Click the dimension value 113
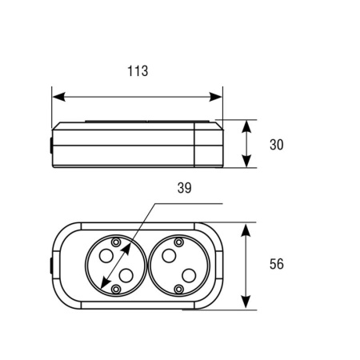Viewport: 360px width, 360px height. click(x=138, y=71)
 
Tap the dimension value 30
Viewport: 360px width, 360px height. click(x=277, y=145)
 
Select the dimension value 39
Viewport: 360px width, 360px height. click(x=185, y=188)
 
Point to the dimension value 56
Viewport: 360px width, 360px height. click(x=277, y=264)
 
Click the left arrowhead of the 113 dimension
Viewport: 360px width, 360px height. click(x=58, y=97)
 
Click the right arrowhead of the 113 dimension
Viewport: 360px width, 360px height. click(x=215, y=97)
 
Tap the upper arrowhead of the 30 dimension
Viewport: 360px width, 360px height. click(x=246, y=126)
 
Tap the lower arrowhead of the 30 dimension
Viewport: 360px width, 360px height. click(x=246, y=161)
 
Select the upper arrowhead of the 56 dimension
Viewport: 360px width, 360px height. click(x=246, y=230)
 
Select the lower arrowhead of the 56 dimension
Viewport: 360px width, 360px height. click(x=246, y=302)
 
